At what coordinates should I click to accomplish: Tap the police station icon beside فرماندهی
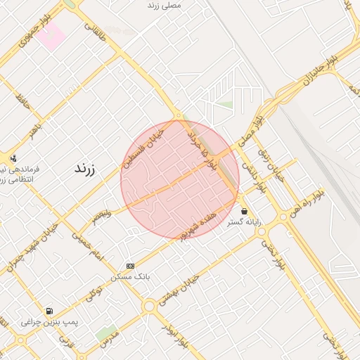tap(13, 158)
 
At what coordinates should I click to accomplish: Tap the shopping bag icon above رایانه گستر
tap(244, 211)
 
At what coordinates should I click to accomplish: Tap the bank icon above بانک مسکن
tap(130, 266)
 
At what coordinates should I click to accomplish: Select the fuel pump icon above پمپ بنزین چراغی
tap(49, 311)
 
